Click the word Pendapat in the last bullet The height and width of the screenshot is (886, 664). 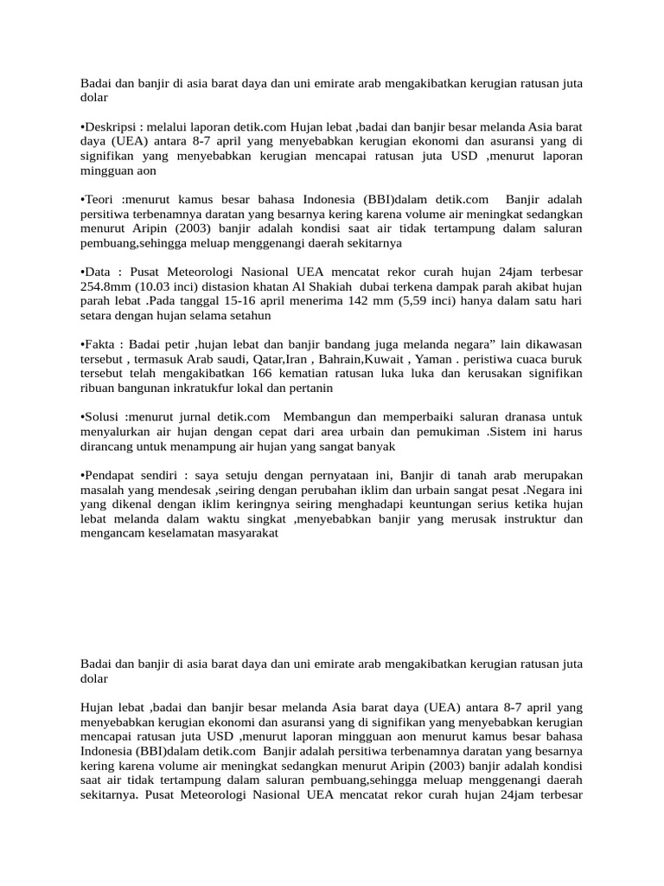pyautogui.click(x=112, y=476)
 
